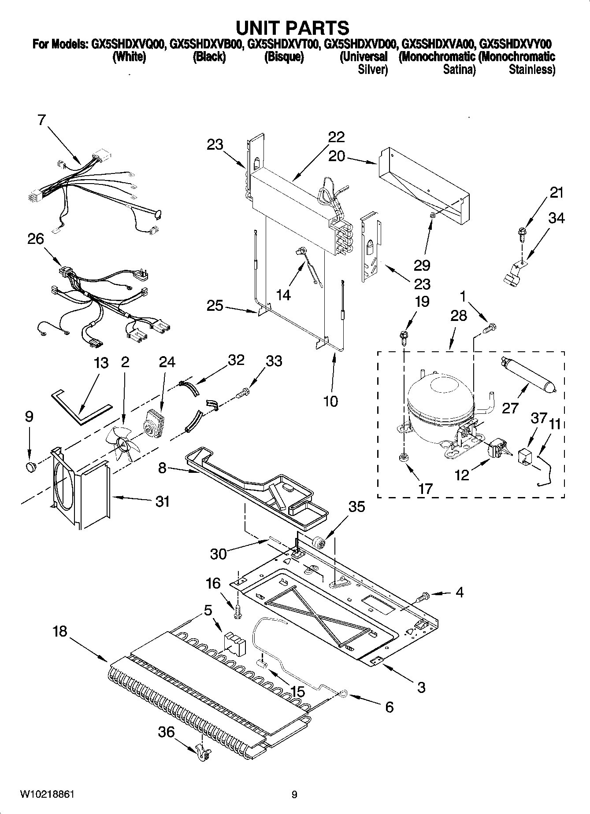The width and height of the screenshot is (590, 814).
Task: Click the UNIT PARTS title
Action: click(293, 28)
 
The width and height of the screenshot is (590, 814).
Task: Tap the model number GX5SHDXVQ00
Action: click(128, 44)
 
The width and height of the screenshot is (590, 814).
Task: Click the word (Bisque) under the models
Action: click(284, 57)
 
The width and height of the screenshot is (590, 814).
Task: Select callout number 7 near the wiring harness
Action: click(41, 120)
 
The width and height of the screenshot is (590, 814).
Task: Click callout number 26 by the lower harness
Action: click(36, 239)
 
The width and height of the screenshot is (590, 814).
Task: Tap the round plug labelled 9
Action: click(31, 466)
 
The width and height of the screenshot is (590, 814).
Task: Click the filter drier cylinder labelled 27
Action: click(526, 374)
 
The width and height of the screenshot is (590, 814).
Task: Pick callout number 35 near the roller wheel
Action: click(356, 507)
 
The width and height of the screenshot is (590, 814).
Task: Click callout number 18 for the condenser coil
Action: click(60, 631)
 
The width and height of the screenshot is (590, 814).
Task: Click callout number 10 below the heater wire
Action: click(330, 401)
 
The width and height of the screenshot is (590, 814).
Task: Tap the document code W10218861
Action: click(46, 795)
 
